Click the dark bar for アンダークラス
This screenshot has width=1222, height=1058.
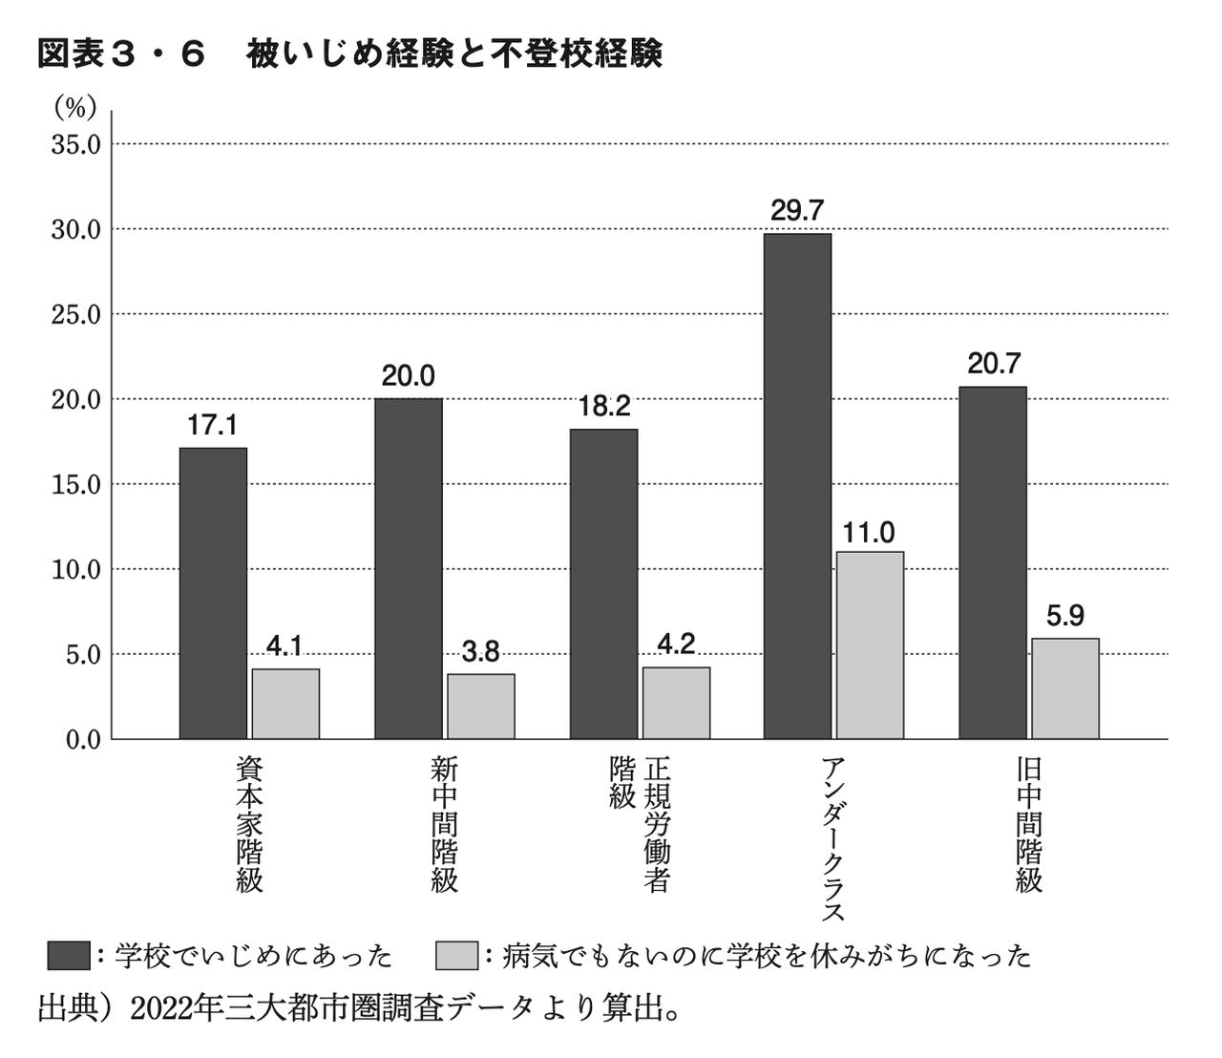tap(797, 486)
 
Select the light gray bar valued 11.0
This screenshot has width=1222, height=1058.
tap(870, 645)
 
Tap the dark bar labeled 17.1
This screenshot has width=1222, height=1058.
tap(213, 593)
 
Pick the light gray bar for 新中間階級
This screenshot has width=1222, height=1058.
tap(480, 707)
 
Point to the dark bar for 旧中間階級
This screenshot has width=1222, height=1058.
tap(993, 562)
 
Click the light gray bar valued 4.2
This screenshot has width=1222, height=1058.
tap(676, 703)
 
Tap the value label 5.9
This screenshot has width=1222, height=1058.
tap(1064, 617)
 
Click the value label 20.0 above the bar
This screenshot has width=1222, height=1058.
tap(408, 376)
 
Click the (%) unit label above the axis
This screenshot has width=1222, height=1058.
tap(75, 108)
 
